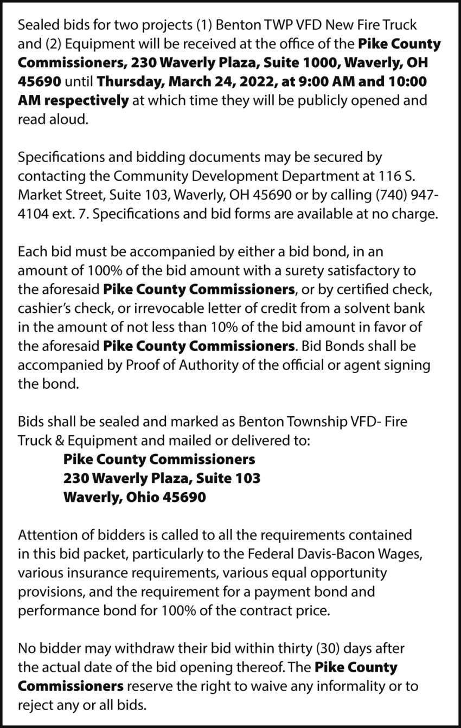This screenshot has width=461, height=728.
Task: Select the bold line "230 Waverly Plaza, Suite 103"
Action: (162, 478)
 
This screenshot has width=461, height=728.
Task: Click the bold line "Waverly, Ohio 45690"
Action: (135, 497)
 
